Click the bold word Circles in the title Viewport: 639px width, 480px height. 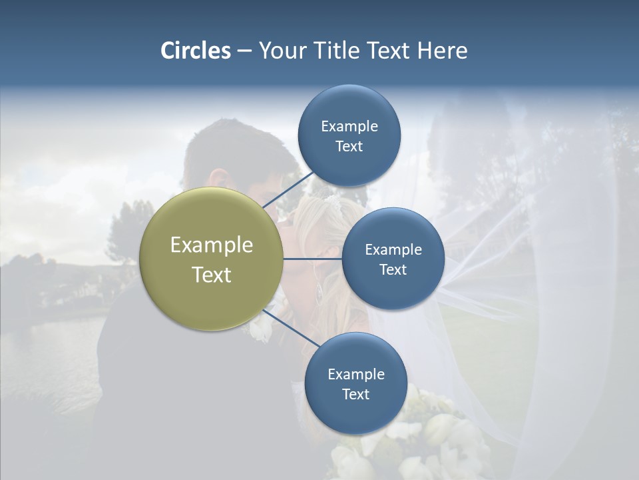[195, 50]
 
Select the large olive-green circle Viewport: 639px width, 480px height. [211, 259]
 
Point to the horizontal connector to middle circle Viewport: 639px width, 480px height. [313, 259]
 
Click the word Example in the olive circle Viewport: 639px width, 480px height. [211, 245]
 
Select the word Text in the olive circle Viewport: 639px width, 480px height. [211, 275]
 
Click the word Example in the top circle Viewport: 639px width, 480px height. [349, 126]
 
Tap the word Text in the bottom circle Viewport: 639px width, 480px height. [355, 394]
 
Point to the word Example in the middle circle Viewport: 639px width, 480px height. [393, 249]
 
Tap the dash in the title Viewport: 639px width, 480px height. [244, 51]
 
